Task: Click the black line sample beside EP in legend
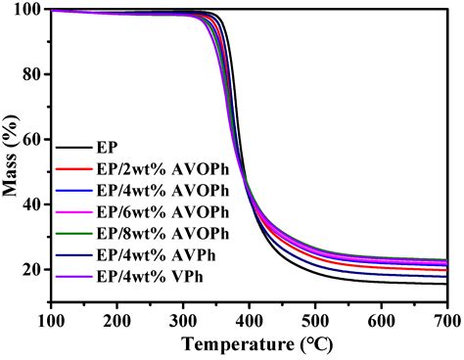72,148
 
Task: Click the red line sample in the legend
72,169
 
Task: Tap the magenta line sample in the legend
72,212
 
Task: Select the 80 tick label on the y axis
33,75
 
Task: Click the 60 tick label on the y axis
33,140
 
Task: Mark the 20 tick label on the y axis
33,269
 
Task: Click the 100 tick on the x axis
51,319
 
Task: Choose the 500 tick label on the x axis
314,319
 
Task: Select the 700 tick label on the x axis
445,319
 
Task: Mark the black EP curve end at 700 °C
445,283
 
